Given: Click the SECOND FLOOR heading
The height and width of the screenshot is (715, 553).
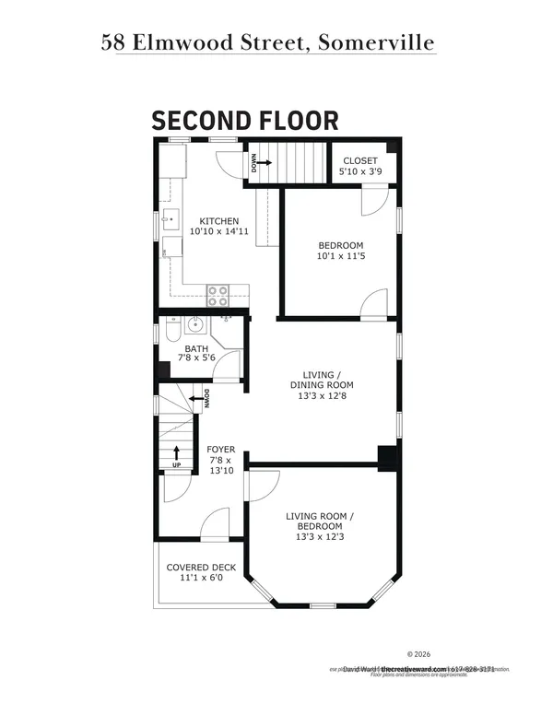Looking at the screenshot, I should pyautogui.click(x=244, y=120).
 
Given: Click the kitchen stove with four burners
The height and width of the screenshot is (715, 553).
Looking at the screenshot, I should pyautogui.click(x=218, y=295).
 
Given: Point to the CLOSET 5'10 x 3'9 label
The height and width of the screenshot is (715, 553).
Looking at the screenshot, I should pyautogui.click(x=359, y=166).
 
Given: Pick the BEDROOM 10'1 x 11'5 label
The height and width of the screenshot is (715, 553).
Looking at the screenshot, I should pyautogui.click(x=340, y=251).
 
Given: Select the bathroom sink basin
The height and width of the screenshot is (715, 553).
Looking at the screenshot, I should pyautogui.click(x=194, y=324).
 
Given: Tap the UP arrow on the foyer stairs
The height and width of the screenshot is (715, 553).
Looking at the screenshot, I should pyautogui.click(x=176, y=454).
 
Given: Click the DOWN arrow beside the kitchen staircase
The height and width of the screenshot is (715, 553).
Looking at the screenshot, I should pyautogui.click(x=258, y=163).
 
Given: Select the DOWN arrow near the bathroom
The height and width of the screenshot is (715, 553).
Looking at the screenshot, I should pyautogui.click(x=196, y=400).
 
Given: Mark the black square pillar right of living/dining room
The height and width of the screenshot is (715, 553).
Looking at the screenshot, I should pyautogui.click(x=387, y=457).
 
